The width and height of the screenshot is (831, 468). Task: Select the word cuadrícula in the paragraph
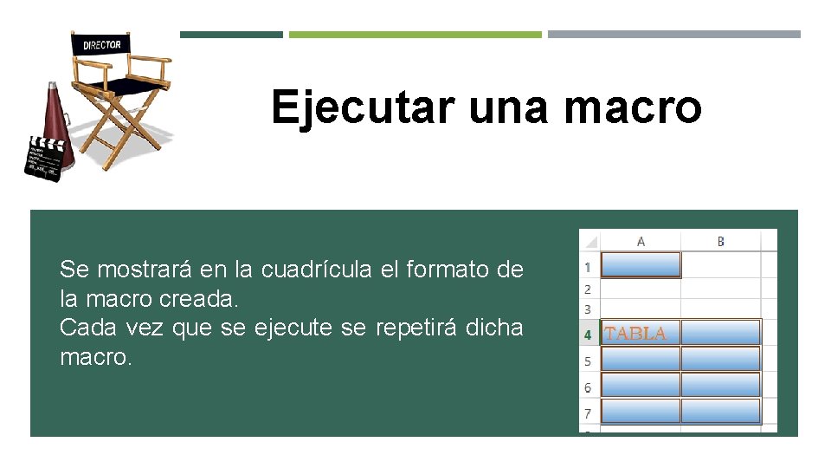pyautogui.click(x=318, y=270)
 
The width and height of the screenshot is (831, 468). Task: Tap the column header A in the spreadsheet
pyautogui.click(x=641, y=241)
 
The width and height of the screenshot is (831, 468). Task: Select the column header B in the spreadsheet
pyautogui.click(x=720, y=241)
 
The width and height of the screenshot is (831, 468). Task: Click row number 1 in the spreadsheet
pyautogui.click(x=588, y=266)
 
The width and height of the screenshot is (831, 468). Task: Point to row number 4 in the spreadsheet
pyautogui.click(x=588, y=334)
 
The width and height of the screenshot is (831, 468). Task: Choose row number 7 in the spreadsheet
pyautogui.click(x=588, y=413)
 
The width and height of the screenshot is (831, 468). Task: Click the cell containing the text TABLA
pyautogui.click(x=640, y=333)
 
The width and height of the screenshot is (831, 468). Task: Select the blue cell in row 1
pyautogui.click(x=641, y=265)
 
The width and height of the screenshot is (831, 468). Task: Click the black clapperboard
pyautogui.click(x=43, y=159)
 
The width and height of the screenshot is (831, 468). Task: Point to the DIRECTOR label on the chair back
pyautogui.click(x=102, y=43)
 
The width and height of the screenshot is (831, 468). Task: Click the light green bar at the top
pyautogui.click(x=415, y=35)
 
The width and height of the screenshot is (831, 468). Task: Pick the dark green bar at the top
pyautogui.click(x=231, y=35)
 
